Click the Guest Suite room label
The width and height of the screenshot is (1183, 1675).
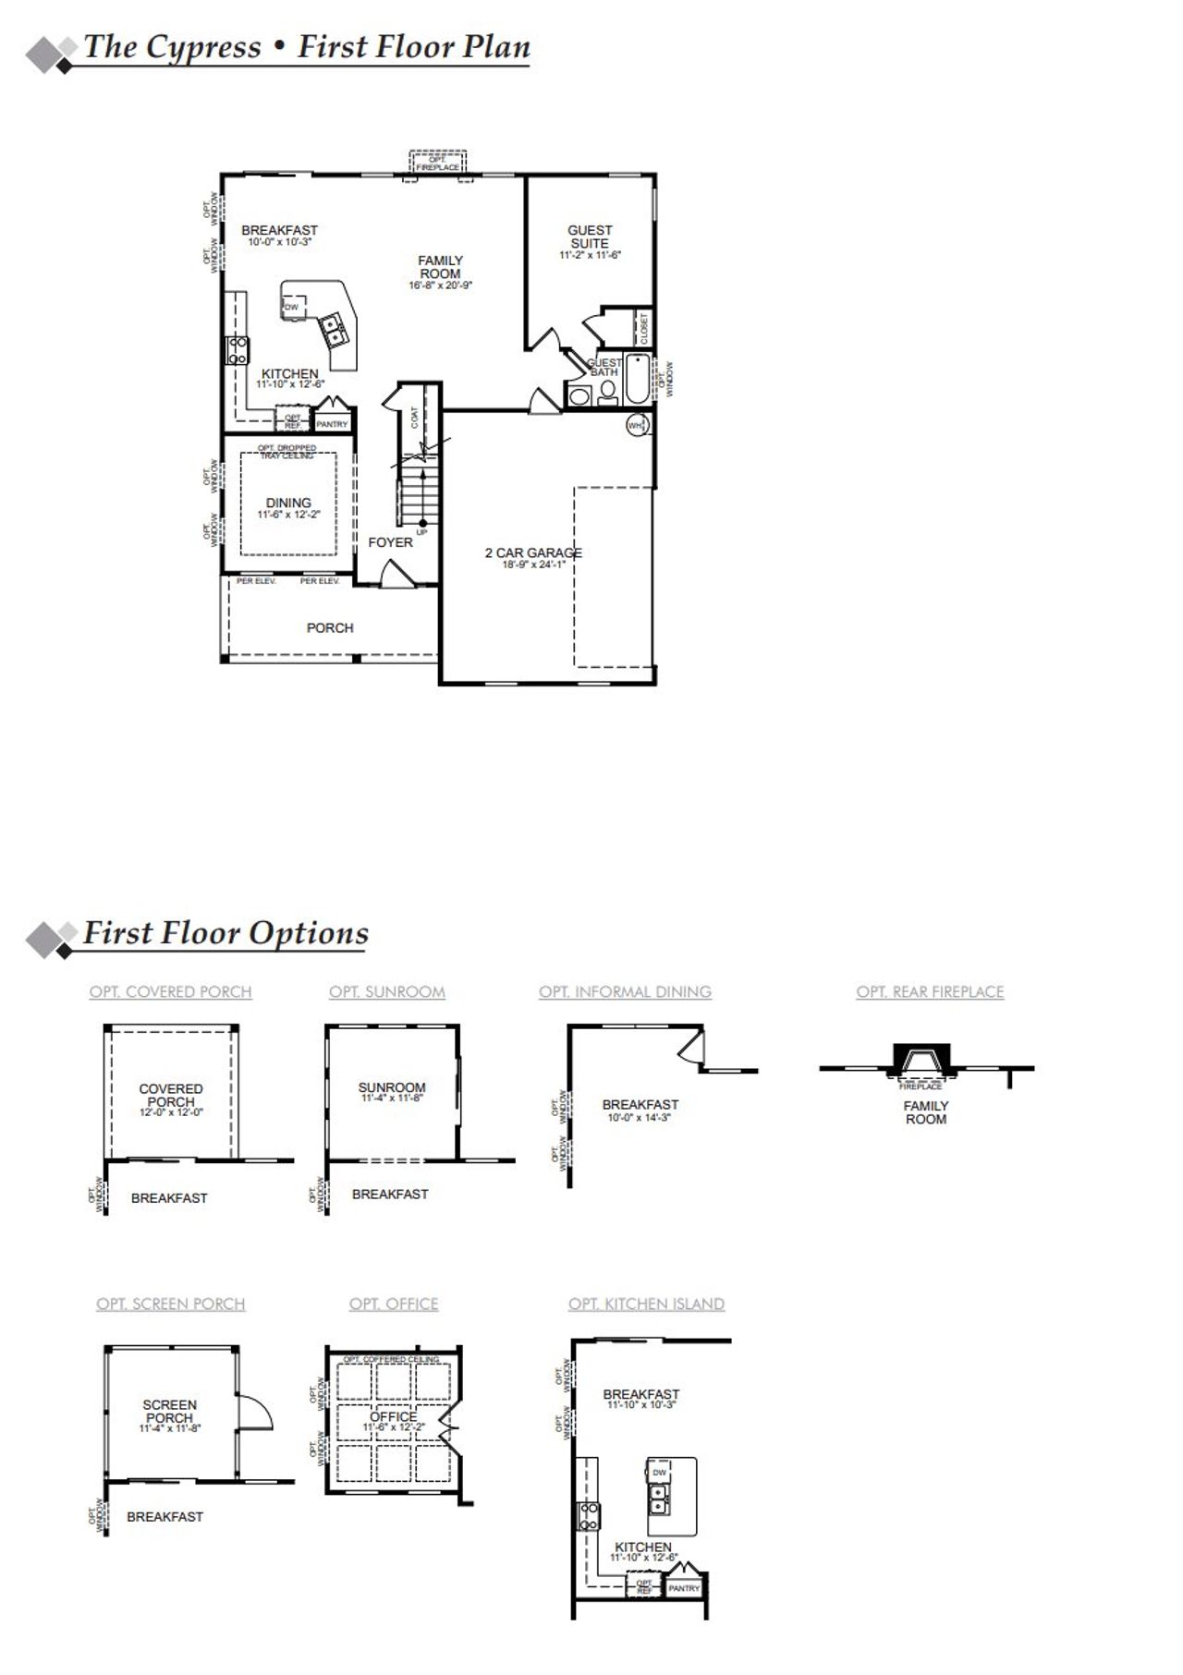click(x=590, y=237)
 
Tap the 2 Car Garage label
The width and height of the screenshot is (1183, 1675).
click(x=533, y=552)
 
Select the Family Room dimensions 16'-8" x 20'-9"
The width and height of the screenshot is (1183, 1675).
click(x=440, y=286)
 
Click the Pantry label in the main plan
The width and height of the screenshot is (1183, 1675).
click(x=332, y=425)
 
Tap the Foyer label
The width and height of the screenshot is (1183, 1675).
click(x=390, y=542)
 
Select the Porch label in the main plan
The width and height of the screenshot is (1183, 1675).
click(x=330, y=628)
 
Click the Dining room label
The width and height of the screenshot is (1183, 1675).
click(x=288, y=504)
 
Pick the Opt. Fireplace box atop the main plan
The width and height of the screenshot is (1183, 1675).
click(x=438, y=164)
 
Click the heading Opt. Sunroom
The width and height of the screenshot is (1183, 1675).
click(x=386, y=991)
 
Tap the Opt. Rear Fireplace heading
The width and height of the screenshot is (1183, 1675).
click(x=930, y=991)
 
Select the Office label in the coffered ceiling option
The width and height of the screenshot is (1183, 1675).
click(x=393, y=1416)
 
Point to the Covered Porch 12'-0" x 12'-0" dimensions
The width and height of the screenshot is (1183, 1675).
click(x=171, y=1113)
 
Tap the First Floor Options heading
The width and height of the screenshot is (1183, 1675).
click(x=226, y=933)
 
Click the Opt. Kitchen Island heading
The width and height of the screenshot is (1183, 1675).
click(x=646, y=1304)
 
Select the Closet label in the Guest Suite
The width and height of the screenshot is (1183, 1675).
click(x=644, y=327)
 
